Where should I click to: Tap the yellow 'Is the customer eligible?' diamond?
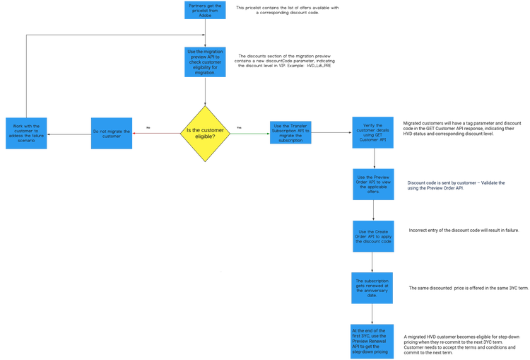pyautogui.click(x=205, y=132)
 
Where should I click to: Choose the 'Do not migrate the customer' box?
pyautogui.click(x=112, y=132)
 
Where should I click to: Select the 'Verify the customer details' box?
pyautogui.click(x=373, y=132)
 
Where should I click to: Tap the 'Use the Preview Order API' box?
pyautogui.click(x=373, y=184)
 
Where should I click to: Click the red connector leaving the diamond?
pyautogui.click(x=157, y=132)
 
